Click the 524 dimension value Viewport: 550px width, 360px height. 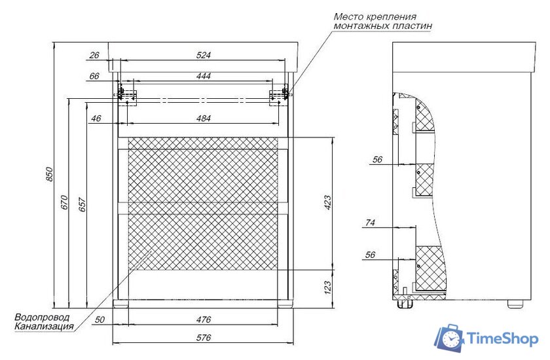pos(204,55)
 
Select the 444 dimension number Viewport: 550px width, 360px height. pos(204,77)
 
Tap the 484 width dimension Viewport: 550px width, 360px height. pos(204,118)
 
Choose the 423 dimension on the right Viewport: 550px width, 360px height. pos(328,203)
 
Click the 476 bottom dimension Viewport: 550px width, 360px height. pos(204,320)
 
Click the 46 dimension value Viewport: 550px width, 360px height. pos(96,118)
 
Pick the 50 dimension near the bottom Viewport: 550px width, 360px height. pos(100,320)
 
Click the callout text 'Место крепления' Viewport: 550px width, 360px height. pos(375,16)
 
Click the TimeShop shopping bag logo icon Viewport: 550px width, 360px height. pos(450,337)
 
